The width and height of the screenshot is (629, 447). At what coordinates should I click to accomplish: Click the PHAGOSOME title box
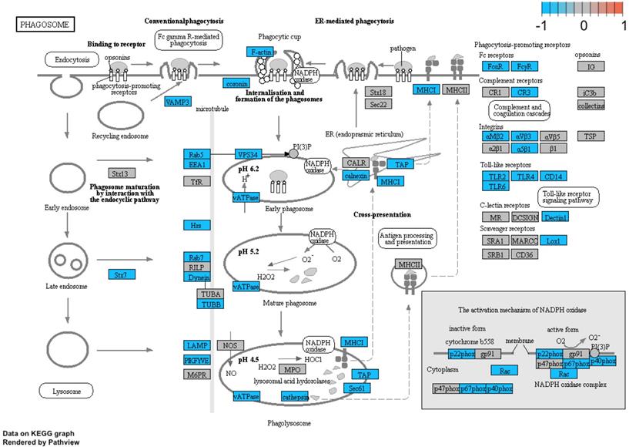pos(47,25)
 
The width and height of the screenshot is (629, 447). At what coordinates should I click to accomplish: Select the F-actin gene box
pos(262,51)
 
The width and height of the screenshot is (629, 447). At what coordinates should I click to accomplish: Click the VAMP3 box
pos(177,102)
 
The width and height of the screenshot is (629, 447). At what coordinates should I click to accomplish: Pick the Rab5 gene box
pos(196,155)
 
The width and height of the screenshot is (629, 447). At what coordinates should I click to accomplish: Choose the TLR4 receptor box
pos(526,176)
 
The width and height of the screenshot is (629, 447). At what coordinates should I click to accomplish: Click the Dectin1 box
pos(554,217)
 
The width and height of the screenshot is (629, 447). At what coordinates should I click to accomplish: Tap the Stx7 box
pos(121,273)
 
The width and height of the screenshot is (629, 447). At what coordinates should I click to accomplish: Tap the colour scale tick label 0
pos(583,25)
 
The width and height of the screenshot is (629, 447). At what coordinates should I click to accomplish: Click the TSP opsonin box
pos(591,136)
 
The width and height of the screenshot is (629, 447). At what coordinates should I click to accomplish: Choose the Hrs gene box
pos(196,225)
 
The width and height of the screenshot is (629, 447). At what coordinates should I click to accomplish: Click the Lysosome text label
pos(67,392)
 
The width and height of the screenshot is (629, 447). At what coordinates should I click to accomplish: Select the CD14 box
pos(554,176)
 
